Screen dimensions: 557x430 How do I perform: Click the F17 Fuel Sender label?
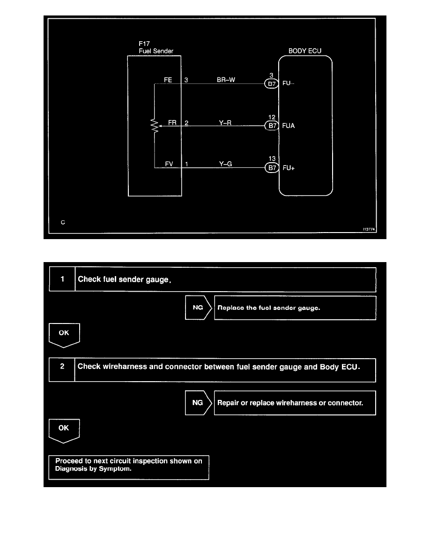[153, 47]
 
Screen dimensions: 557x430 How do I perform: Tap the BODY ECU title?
[304, 51]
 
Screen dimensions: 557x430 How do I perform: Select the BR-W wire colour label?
[226, 80]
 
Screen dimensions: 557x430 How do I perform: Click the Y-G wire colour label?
[226, 164]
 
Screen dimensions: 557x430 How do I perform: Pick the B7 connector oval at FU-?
[272, 84]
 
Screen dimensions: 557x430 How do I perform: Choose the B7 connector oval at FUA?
[272, 126]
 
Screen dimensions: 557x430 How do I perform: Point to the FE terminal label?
[168, 80]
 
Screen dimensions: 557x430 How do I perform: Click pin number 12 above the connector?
[272, 117]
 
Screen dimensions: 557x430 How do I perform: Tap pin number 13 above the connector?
[272, 159]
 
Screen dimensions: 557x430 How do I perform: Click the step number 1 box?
[62, 279]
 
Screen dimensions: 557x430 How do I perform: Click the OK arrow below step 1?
[64, 335]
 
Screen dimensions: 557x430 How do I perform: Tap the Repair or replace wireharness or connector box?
[295, 403]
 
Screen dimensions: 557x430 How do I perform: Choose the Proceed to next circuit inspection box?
[129, 467]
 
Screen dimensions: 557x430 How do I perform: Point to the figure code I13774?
[370, 229]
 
